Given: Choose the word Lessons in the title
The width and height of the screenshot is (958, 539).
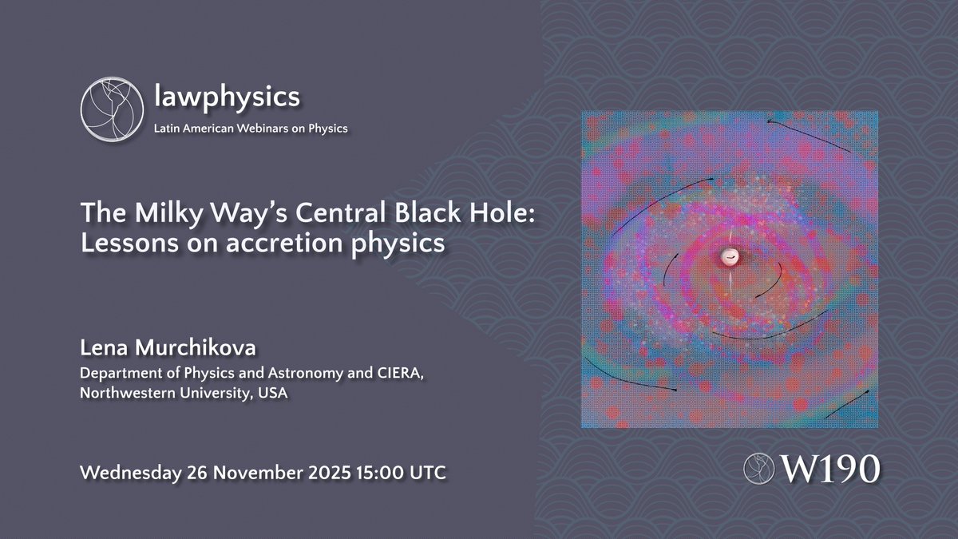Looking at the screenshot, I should (x=122, y=244).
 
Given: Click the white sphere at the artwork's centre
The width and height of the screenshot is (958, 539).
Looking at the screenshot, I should (x=728, y=257).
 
